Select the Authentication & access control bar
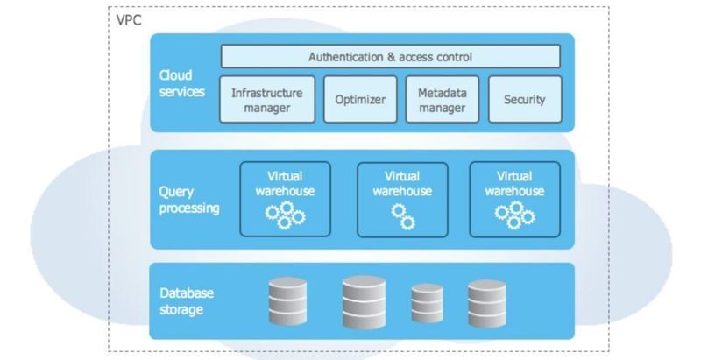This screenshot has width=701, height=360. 390,57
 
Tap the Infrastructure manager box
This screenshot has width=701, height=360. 266,100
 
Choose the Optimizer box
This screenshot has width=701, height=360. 360,100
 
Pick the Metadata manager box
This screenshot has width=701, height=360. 442,100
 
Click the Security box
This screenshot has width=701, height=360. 524,100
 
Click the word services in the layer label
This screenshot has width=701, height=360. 181,91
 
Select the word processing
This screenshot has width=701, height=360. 189,208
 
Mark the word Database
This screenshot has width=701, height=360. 186,292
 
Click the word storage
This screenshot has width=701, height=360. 181,309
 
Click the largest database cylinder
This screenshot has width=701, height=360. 365,301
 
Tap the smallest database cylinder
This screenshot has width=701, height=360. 427,305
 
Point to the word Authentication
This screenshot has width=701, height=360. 347,57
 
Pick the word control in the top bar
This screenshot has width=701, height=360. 453,57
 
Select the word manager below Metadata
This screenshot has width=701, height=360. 442,109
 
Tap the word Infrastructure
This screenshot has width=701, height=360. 266,91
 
